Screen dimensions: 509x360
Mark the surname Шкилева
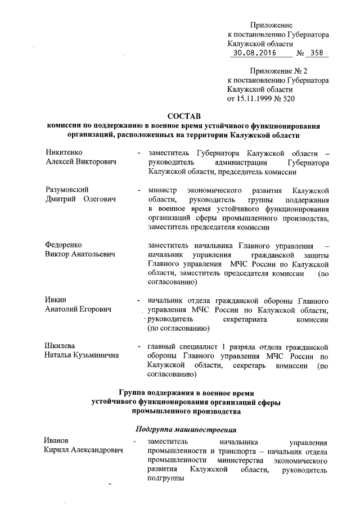coord(60,346)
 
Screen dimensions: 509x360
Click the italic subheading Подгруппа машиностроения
coord(186,430)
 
